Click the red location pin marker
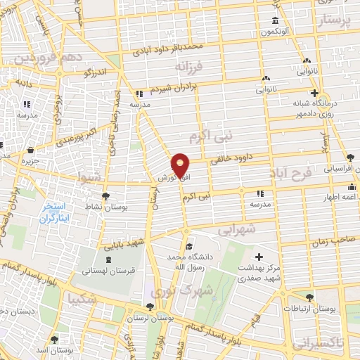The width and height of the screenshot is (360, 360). click(x=181, y=165)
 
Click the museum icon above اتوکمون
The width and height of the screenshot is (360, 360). click(x=274, y=20)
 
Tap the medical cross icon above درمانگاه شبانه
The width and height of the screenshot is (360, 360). click(x=314, y=93)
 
